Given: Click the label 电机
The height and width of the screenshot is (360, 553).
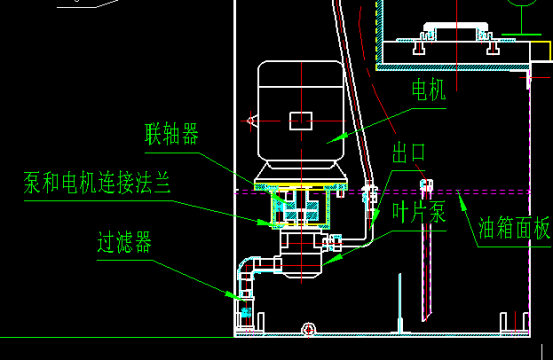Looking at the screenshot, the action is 429,90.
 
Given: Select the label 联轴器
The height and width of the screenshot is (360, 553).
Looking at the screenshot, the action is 172,134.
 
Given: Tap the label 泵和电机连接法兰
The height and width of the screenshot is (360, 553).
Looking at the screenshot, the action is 97,182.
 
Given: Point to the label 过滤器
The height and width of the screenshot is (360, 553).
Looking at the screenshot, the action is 124,242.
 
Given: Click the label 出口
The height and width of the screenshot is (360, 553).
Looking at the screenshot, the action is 409,153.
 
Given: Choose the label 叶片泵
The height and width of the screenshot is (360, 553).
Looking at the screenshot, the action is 419,212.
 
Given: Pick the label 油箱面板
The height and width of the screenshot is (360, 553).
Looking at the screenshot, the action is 514,228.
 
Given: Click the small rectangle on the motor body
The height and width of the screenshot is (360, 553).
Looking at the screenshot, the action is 301,121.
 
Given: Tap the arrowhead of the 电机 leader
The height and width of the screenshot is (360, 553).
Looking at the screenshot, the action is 336,139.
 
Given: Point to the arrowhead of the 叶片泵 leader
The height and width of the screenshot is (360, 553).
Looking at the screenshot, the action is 331,260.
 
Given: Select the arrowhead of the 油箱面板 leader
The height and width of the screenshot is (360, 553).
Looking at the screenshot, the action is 462,200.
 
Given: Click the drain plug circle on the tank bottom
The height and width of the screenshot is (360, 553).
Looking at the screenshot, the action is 309,329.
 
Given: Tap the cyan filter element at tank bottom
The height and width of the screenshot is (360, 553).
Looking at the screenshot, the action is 245,312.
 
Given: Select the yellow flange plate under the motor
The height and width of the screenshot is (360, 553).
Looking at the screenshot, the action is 301,187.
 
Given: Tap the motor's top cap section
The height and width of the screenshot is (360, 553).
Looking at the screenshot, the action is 301,74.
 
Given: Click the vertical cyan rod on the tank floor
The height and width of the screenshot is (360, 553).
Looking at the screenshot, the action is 400,303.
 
